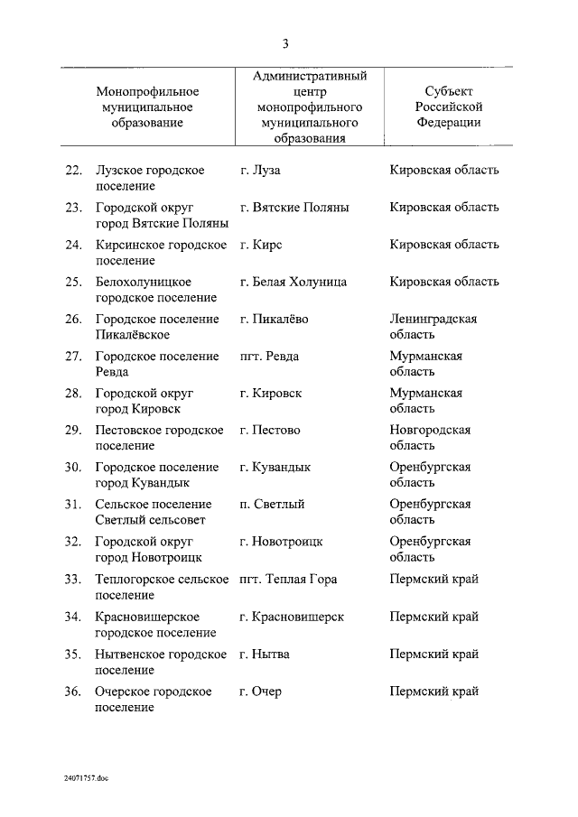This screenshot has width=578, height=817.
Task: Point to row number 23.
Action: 73,207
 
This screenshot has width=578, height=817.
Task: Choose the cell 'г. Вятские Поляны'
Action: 294,207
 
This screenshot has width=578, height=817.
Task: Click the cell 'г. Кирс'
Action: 264,245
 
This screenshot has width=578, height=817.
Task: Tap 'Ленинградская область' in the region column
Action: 433,326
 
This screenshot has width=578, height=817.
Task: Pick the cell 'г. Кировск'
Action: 271,394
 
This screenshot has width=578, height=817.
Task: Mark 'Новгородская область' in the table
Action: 430,438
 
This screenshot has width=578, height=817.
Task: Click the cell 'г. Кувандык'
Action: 275,468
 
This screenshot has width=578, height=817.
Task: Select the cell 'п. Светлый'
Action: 272,505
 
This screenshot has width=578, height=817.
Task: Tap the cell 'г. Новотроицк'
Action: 282,542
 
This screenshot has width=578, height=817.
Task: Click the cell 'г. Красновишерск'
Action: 292,617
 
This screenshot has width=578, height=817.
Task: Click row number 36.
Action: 73,692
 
